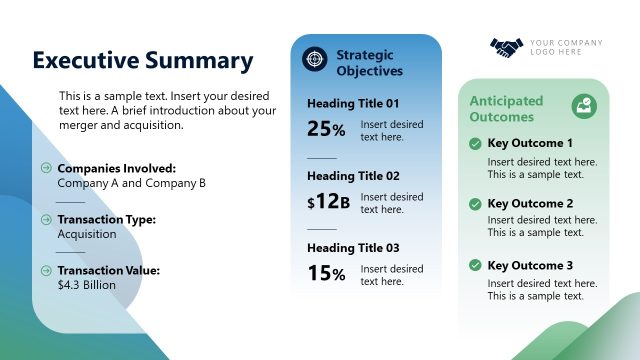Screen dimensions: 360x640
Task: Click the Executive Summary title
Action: point(143,60)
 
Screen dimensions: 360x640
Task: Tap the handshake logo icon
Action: point(507,47)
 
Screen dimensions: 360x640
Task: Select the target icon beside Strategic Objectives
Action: point(315,60)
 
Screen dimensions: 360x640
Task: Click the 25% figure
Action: point(326,128)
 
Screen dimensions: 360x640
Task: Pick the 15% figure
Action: point(326,273)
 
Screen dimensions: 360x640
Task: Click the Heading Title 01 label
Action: point(353,103)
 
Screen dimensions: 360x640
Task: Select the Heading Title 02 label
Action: point(353,176)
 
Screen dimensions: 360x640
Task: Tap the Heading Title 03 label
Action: point(353,248)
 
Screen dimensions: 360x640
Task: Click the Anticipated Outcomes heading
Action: point(507,109)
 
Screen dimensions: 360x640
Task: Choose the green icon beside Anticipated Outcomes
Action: point(583,106)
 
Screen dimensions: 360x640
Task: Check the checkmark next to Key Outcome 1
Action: point(475,144)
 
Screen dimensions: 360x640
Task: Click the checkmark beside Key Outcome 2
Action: point(475,204)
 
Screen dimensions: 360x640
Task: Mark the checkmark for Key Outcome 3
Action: point(475,266)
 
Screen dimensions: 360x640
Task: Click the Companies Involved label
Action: point(117,168)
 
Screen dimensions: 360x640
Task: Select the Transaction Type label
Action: point(106,219)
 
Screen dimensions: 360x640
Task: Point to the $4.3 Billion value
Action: point(87,285)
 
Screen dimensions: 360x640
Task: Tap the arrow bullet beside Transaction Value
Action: point(46,270)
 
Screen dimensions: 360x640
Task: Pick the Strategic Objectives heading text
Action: point(370,62)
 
